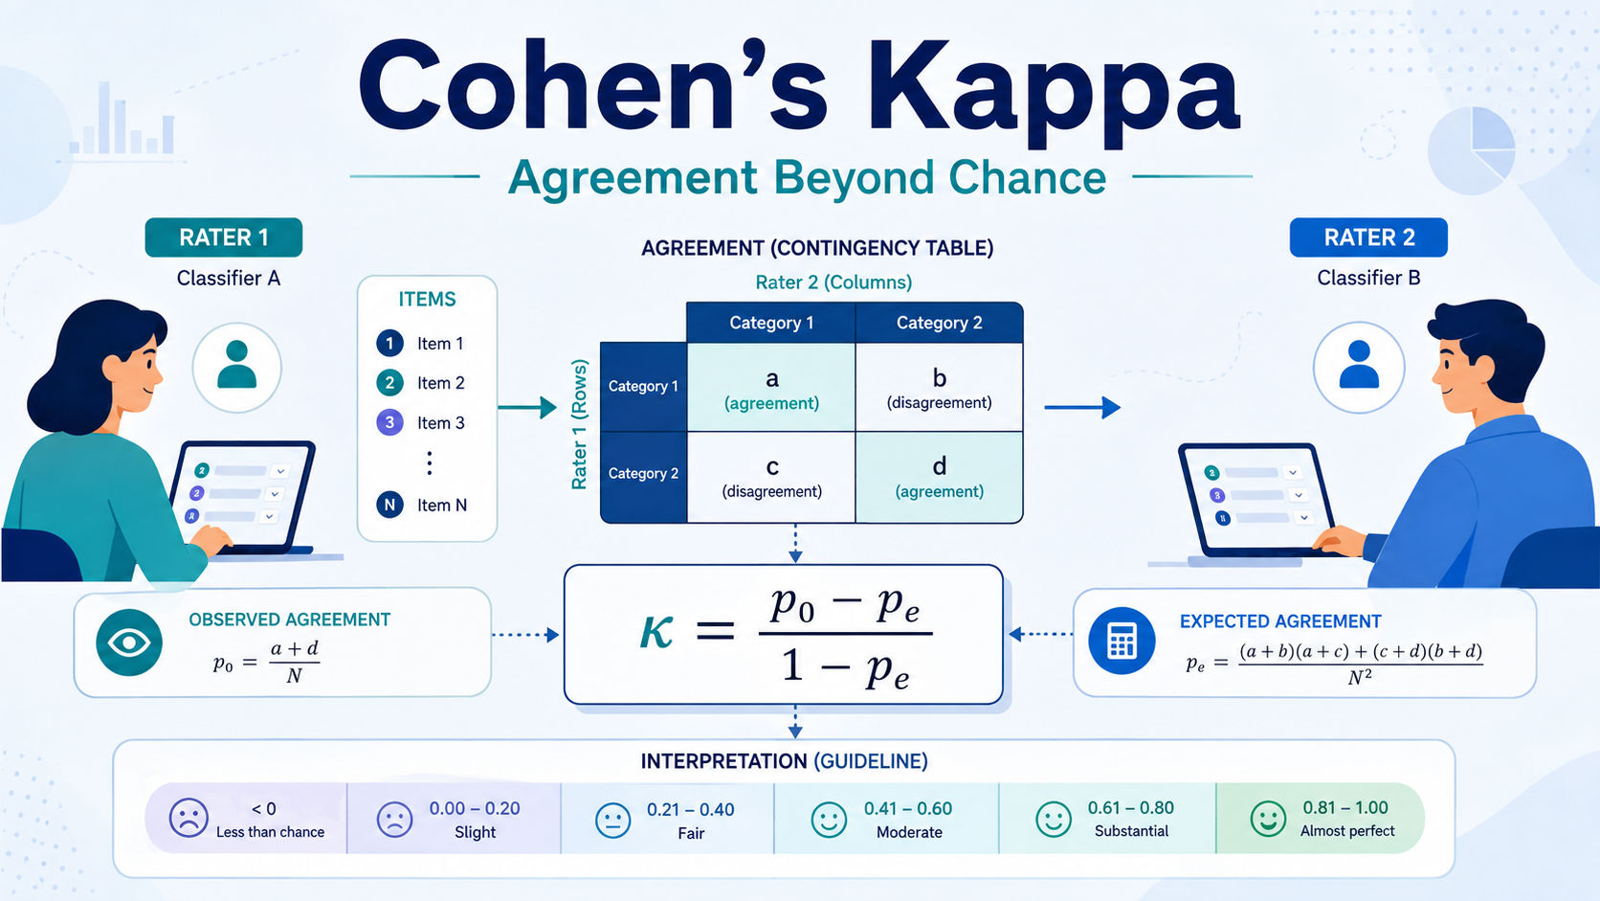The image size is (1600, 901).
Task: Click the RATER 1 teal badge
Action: tap(224, 237)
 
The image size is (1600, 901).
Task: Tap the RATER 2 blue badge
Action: tap(1368, 237)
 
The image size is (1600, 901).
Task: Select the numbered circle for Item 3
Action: tap(390, 422)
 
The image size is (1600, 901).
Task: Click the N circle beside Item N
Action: tap(390, 506)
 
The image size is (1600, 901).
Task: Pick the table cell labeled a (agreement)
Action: tap(771, 387)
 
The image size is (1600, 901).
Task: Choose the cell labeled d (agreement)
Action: tap(940, 477)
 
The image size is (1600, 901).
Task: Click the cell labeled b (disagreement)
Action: tap(940, 387)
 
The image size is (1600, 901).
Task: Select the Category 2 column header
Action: tap(940, 323)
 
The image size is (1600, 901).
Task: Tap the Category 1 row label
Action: tap(644, 387)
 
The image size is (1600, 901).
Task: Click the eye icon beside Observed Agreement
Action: tap(129, 642)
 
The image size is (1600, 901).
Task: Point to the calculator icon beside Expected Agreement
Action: tap(1122, 641)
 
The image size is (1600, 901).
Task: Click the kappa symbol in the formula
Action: tap(656, 632)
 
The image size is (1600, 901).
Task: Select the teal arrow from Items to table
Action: tap(527, 407)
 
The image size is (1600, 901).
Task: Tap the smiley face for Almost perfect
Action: tap(1268, 818)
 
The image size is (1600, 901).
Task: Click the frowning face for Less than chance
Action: tap(189, 818)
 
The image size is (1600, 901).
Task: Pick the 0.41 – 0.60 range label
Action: tap(908, 809)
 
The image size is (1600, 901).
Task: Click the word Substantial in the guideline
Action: tap(1131, 831)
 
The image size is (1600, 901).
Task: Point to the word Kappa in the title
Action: tap(1053, 89)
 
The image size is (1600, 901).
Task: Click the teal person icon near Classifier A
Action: tap(236, 367)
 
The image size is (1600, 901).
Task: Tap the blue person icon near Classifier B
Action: tap(1359, 367)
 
